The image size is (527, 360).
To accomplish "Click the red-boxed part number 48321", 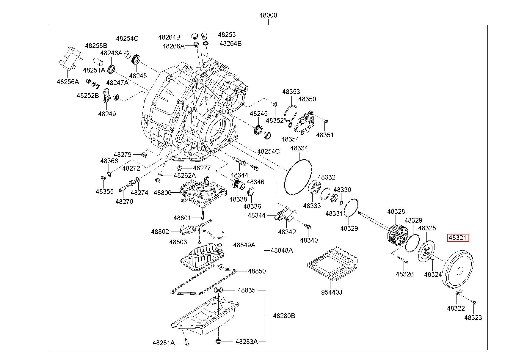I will click(458, 238).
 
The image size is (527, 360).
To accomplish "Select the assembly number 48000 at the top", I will click(268, 15).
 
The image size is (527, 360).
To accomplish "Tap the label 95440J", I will click(331, 292).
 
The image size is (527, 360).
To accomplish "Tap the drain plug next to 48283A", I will click(219, 341).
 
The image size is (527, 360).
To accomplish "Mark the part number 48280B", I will click(284, 316).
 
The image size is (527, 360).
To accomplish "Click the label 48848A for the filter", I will click(282, 251).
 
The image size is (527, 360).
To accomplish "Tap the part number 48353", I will click(291, 92).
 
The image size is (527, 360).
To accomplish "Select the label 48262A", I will click(185, 175).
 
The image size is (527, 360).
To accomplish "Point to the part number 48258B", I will click(96, 46).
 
